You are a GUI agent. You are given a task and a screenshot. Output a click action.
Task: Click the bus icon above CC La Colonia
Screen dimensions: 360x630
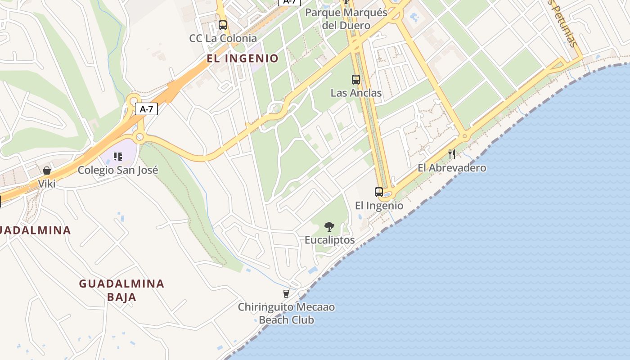coord(222,25)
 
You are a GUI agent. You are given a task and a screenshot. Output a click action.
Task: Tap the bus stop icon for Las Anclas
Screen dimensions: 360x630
coord(356,80)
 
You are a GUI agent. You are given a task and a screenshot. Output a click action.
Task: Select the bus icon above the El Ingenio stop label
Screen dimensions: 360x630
coord(379,192)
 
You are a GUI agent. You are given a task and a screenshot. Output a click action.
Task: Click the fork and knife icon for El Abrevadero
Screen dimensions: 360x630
coord(452,154)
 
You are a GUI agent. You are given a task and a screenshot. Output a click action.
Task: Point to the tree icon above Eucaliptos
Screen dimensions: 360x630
coord(329,227)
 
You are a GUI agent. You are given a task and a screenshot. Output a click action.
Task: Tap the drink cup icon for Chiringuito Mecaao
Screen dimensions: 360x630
coord(286,294)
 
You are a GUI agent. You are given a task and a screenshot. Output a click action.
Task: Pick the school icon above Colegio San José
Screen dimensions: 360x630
coord(118,157)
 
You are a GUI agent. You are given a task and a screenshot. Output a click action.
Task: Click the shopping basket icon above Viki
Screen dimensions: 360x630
coord(47,171)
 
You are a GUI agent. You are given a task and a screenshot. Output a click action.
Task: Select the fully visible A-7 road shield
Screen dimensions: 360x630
coord(147,109)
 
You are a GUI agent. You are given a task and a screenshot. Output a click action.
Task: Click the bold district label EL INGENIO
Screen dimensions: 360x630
coord(243,58)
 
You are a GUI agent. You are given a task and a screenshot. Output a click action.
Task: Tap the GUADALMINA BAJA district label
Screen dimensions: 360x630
coord(121,290)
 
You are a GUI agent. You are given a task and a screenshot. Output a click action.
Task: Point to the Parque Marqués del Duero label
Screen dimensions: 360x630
coord(346,19)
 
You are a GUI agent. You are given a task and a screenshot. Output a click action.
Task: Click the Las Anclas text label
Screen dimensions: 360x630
coord(356,93)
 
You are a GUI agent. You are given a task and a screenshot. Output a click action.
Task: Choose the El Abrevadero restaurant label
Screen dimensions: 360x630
coord(452,168)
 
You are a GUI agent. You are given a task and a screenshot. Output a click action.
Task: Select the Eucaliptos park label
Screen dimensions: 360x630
coord(329,240)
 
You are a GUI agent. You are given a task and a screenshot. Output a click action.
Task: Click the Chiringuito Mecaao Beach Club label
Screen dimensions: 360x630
coord(286,313)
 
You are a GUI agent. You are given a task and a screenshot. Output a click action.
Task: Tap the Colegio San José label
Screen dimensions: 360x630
coord(118,170)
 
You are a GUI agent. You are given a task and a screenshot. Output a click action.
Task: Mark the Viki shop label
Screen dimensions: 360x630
coord(47,184)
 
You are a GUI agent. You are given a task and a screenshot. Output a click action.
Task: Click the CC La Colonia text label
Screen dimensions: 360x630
coord(223,38)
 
